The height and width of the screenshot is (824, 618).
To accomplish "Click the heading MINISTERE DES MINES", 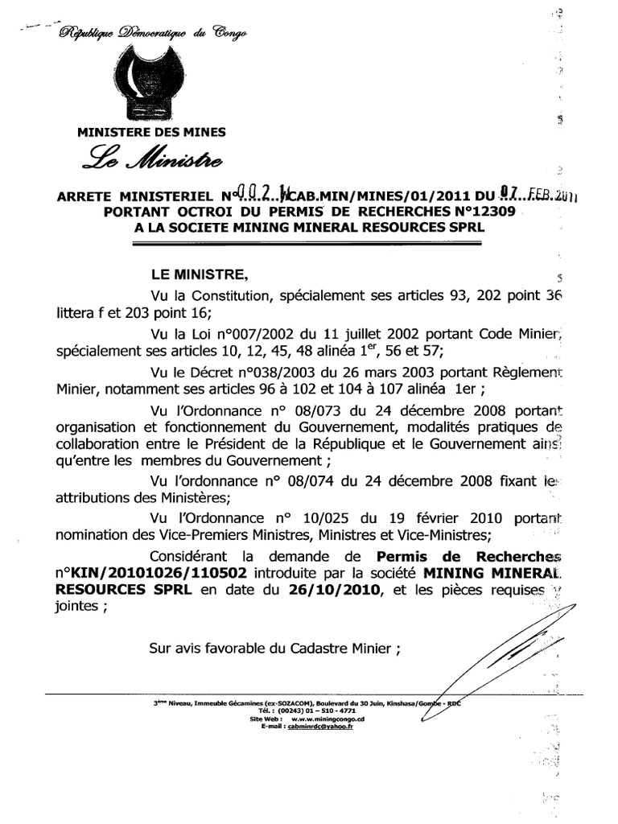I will click(x=151, y=132).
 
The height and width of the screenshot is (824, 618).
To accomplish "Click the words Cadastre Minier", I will click(x=347, y=649).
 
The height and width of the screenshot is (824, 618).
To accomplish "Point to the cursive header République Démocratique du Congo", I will click(x=153, y=31).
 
